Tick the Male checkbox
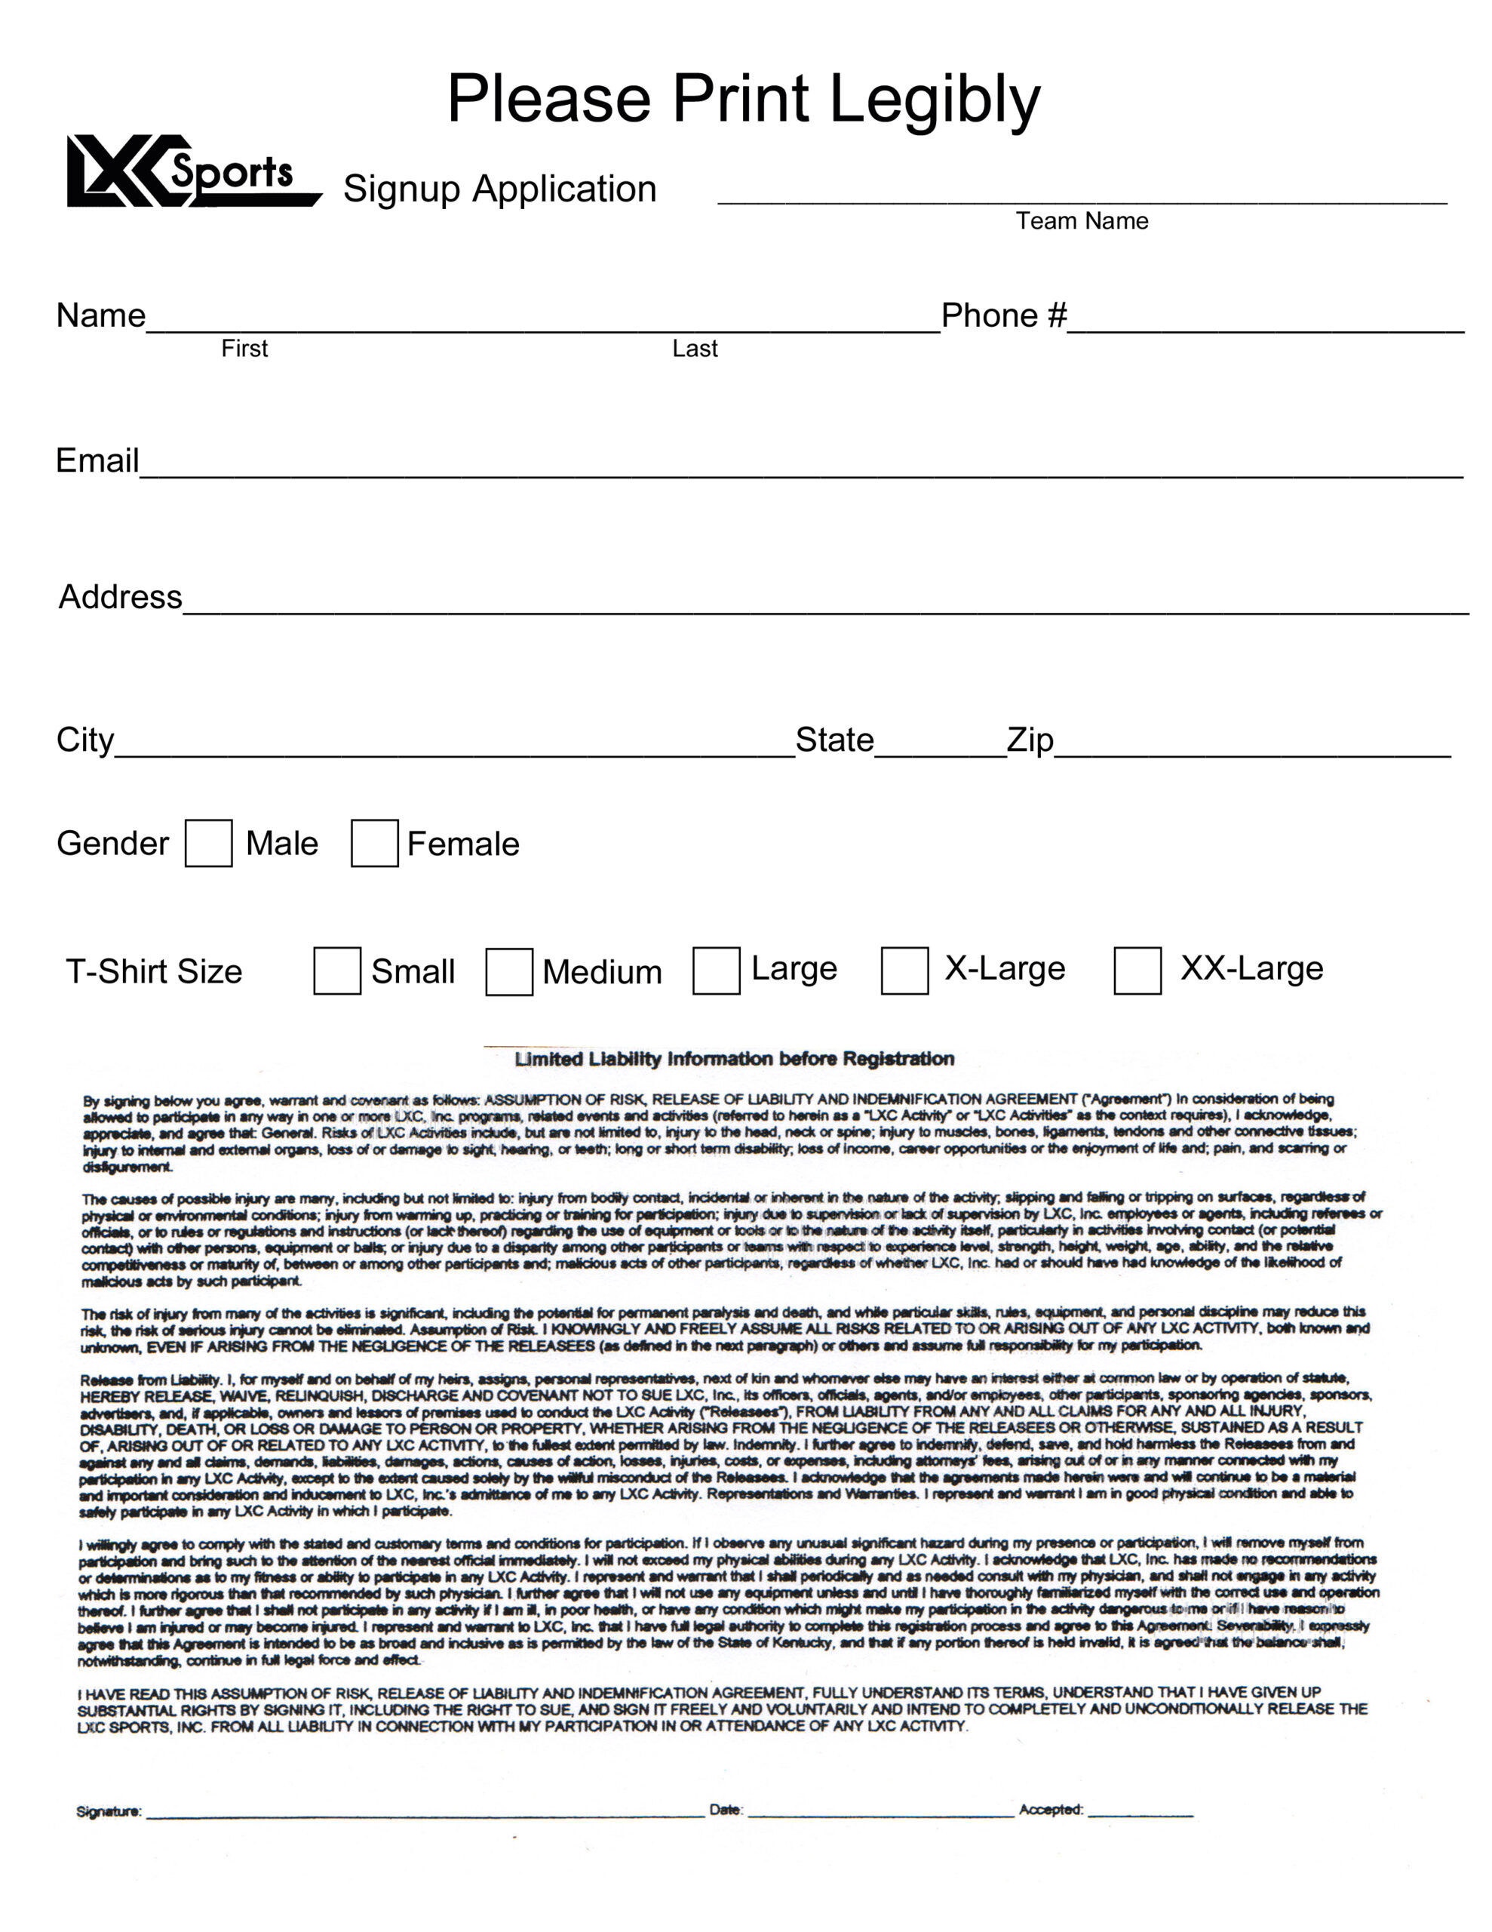coord(209,843)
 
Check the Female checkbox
coord(374,843)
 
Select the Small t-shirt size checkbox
coord(337,971)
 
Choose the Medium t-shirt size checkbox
coord(509,971)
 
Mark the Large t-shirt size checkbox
coord(717,971)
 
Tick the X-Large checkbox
coord(904,971)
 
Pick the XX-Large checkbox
coord(1137,971)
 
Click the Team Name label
coord(1082,221)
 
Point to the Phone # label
coord(1004,315)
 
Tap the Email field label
coord(97,460)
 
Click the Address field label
coord(120,597)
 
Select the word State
coord(834,740)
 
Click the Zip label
coord(1030,740)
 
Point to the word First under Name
coord(244,349)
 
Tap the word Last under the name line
coord(694,349)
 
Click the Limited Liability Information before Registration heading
coord(734,1059)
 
